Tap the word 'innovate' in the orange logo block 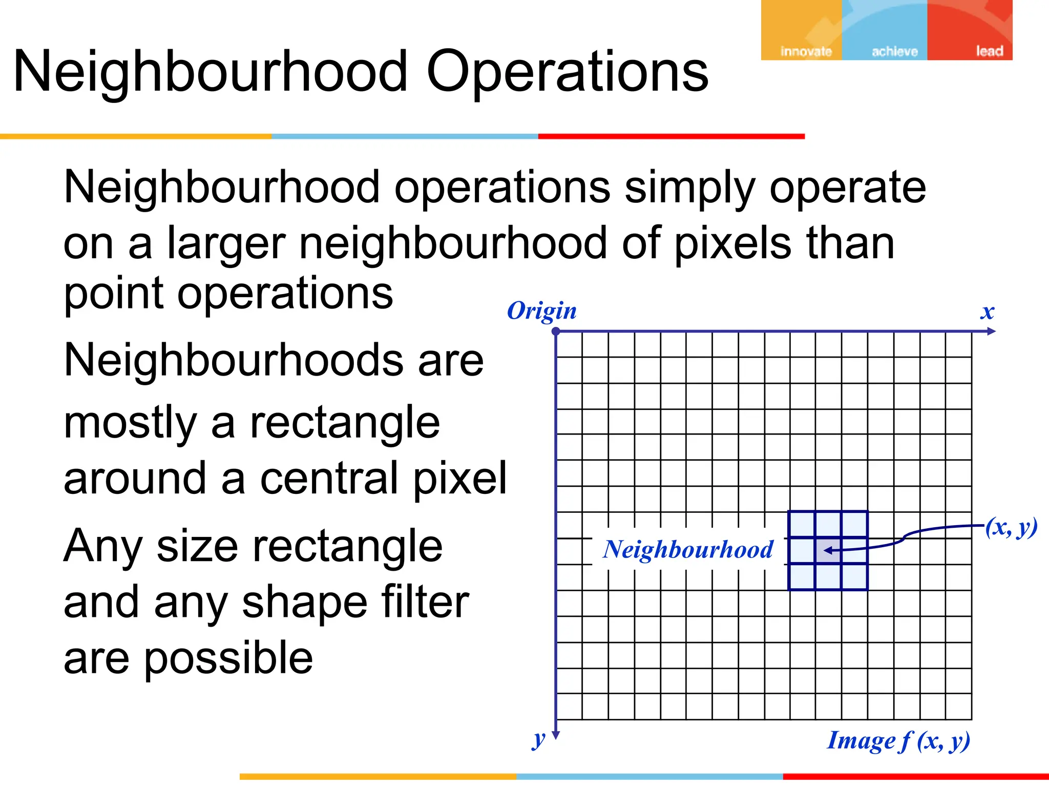click(x=806, y=51)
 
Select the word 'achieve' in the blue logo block click(x=894, y=51)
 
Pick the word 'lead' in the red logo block click(x=989, y=51)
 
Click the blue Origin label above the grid click(x=541, y=311)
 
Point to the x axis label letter click(x=987, y=312)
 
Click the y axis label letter click(x=538, y=739)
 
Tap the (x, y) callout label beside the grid click(x=1011, y=527)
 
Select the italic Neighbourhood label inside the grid click(x=688, y=550)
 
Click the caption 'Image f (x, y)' click(x=898, y=741)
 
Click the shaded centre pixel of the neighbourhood click(x=828, y=551)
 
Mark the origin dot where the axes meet click(x=556, y=332)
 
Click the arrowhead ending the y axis click(x=556, y=735)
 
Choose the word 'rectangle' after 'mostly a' click(x=345, y=423)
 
